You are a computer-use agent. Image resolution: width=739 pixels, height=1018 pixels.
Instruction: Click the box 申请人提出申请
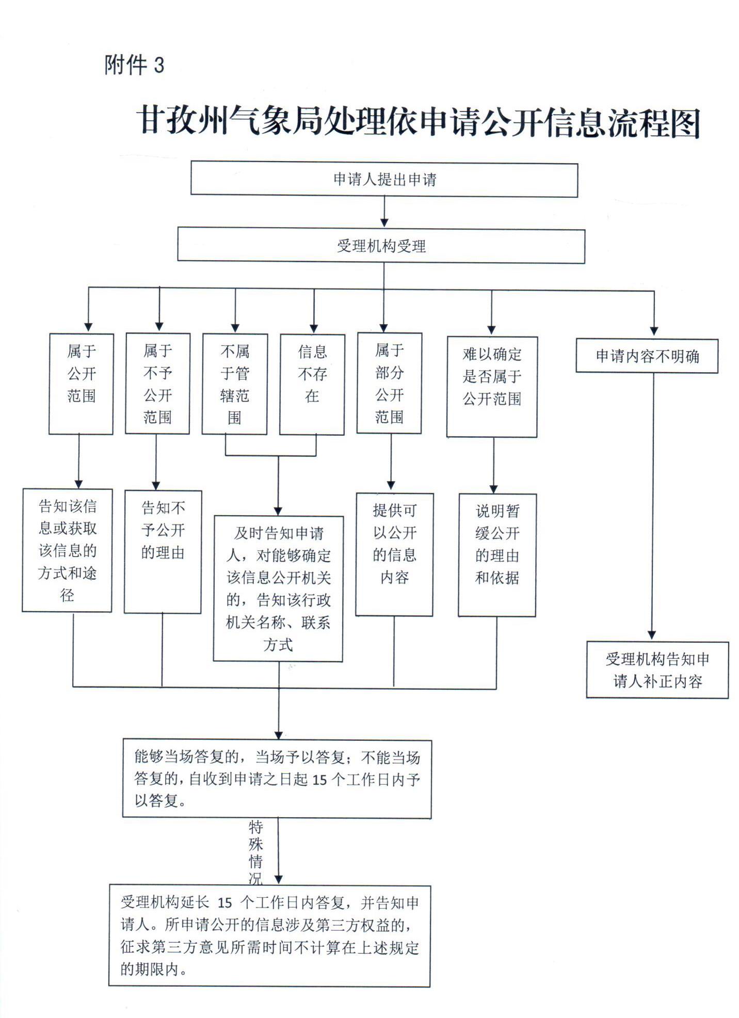coord(384,180)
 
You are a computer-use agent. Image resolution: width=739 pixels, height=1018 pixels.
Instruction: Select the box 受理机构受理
coord(381,246)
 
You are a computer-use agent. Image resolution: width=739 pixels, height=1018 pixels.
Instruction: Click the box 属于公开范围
coord(81,384)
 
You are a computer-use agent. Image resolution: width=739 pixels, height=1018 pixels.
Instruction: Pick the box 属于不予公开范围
coord(157,384)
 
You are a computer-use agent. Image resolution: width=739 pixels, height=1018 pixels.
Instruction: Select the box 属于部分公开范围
coord(389,383)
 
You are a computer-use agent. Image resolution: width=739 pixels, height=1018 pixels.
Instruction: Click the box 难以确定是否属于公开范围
coord(492,387)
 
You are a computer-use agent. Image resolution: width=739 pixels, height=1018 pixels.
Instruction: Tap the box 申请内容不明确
coord(647,356)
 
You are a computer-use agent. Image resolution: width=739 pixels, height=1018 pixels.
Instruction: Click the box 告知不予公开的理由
coord(163,551)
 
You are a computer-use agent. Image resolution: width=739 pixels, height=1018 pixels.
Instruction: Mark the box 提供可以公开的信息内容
coord(394,554)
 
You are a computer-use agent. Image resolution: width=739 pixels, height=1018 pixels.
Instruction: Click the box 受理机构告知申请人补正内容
coord(657,670)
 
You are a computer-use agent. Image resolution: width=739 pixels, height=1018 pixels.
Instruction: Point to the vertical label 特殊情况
coord(256,852)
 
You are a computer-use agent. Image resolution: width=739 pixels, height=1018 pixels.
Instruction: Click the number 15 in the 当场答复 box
coord(319,780)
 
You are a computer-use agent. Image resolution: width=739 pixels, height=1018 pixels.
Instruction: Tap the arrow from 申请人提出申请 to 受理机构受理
coord(384,212)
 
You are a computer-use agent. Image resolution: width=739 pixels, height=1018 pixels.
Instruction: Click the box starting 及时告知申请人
coord(278,588)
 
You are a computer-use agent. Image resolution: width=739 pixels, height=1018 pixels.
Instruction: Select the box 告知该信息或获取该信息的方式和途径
coord(67,550)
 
